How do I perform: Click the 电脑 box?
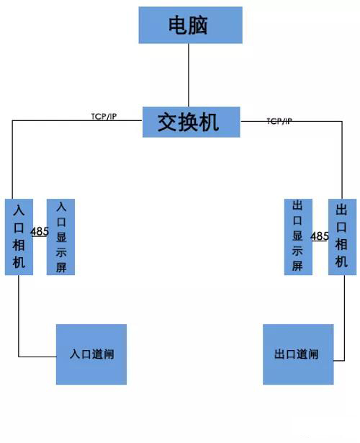pos(190,25)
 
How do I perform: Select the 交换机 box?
pos(191,122)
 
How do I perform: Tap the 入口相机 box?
pos(19,237)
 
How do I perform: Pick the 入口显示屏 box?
pos(60,237)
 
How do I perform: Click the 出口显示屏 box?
pos(298,237)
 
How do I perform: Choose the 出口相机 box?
pos(342,237)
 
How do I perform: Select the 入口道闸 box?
pos(91,354)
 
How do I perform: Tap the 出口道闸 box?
pos(298,354)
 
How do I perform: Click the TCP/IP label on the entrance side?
pos(104,117)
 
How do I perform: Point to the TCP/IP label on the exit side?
pos(279,121)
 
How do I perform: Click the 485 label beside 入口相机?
pos(40,232)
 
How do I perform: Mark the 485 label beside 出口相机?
pos(320,236)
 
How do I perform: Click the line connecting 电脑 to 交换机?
pos(189,75)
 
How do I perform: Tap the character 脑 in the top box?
pos(199,25)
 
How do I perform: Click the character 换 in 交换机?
pos(189,122)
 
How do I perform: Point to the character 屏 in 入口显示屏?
pos(61,267)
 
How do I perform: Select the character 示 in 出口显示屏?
pos(297,251)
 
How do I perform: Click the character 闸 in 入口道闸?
pos(109,354)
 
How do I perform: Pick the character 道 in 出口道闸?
pos(302,354)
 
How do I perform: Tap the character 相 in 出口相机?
pos(341,244)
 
